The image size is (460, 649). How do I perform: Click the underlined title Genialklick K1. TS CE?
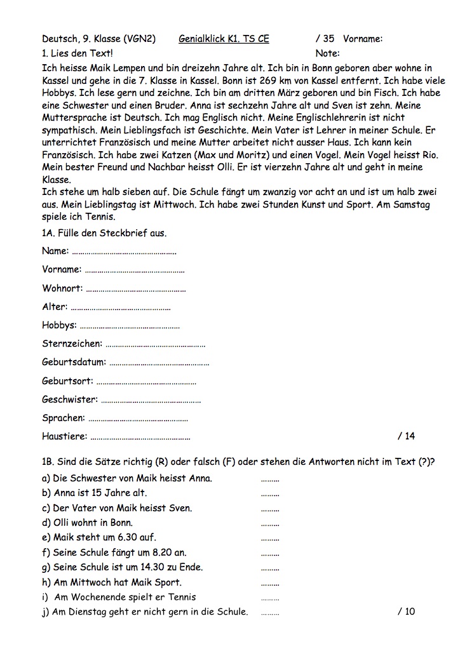tap(224, 39)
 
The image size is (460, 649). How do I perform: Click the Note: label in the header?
tap(327, 53)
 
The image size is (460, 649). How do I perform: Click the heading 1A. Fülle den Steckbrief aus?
tap(104, 233)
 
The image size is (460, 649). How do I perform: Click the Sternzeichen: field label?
tap(72, 344)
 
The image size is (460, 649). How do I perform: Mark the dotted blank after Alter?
tap(121, 308)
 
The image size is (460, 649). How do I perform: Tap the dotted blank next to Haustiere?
tap(140, 438)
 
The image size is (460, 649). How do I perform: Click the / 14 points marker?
tap(406, 436)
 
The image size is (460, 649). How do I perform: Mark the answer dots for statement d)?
tap(270, 524)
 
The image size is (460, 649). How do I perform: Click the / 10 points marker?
tap(406, 612)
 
